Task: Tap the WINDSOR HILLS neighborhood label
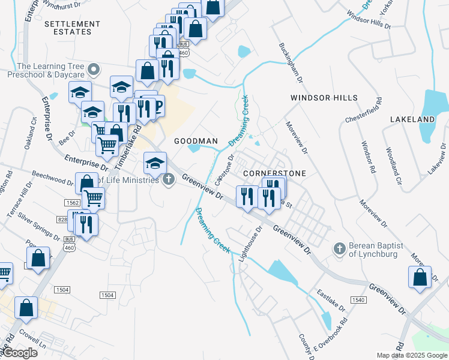tap(324, 98)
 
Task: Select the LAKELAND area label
tap(412, 120)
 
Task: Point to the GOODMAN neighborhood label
tap(196, 141)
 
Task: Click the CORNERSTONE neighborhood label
tap(274, 173)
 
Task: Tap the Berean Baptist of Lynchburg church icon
tap(339, 248)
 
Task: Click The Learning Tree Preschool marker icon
tap(92, 70)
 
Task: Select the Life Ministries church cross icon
tap(169, 179)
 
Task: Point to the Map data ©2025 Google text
tap(412, 355)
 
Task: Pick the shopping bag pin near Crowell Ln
tap(26, 308)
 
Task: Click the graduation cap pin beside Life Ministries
tap(155, 163)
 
